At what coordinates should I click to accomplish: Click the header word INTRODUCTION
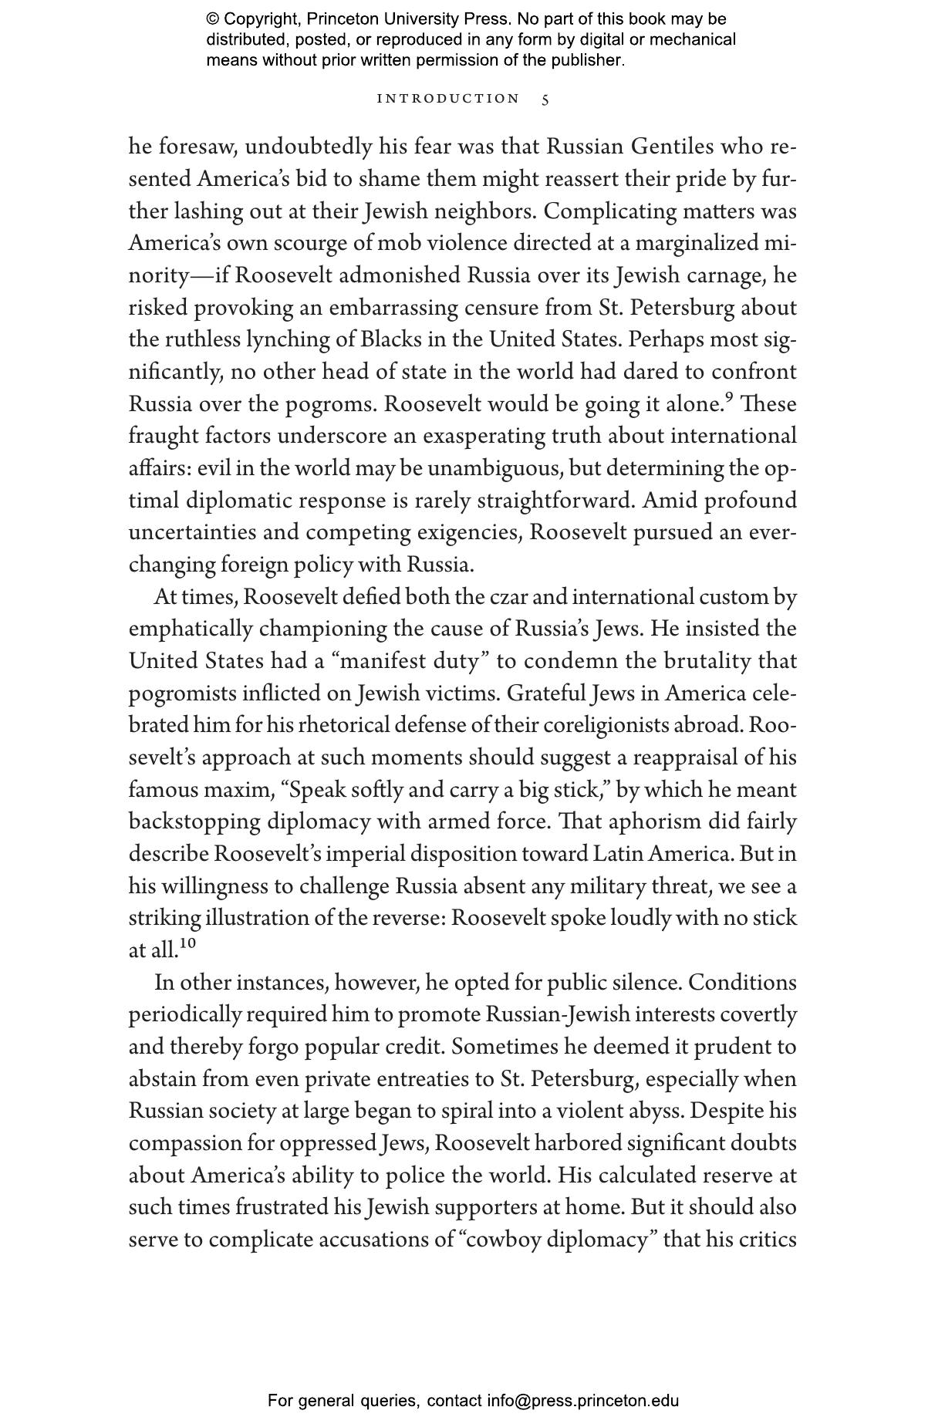click(x=448, y=99)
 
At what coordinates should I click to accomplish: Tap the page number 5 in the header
click(x=545, y=100)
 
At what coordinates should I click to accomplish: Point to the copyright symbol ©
click(x=213, y=19)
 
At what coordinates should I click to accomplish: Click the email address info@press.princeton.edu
click(x=582, y=1401)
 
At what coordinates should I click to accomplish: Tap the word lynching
click(x=300, y=340)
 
